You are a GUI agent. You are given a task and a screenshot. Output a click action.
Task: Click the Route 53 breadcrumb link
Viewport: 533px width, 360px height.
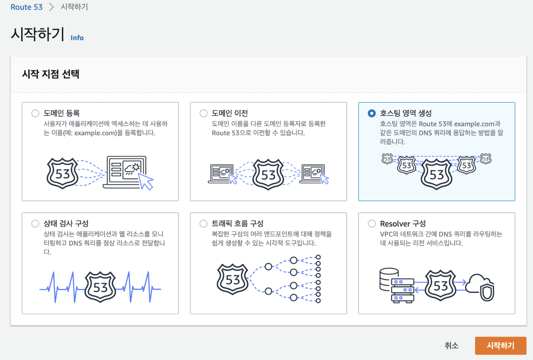(x=26, y=7)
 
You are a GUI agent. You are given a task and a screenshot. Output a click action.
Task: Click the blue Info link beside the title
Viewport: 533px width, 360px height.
(x=77, y=38)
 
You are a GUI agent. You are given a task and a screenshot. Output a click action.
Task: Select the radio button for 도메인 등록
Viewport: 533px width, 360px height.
(x=35, y=113)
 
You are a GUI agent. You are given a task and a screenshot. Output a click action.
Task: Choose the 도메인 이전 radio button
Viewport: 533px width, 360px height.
(x=203, y=113)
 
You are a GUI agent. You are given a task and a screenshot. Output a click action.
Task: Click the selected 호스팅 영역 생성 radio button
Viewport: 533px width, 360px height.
(x=372, y=113)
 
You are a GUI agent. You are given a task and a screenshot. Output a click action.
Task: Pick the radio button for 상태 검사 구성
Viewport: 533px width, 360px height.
(x=35, y=224)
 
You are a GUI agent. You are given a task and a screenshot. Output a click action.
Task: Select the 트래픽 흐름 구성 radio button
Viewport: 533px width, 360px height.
(x=203, y=224)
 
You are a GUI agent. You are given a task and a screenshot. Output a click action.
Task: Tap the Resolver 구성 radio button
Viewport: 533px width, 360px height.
(x=372, y=224)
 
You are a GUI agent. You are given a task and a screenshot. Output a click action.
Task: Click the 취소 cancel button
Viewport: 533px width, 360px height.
(x=451, y=345)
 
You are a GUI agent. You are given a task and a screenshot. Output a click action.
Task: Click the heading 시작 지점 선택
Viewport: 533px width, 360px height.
(x=51, y=74)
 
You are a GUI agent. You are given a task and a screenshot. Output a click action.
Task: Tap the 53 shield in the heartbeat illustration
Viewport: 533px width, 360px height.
(x=100, y=287)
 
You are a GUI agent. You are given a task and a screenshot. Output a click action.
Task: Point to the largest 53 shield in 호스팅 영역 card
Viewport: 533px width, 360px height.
(x=436, y=174)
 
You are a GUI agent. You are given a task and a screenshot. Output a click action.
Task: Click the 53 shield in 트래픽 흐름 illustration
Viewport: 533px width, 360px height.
(x=232, y=280)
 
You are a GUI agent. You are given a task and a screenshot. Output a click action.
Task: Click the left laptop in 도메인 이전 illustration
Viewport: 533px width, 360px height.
(x=221, y=173)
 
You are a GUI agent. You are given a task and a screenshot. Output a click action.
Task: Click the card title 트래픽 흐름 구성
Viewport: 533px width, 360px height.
(x=238, y=224)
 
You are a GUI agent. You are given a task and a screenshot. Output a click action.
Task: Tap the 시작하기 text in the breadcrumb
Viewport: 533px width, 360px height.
(x=74, y=7)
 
